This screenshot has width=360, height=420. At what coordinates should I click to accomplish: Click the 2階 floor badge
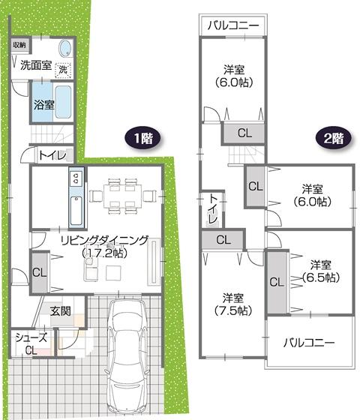click(x=334, y=138)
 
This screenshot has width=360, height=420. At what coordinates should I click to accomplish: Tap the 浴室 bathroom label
click(x=43, y=105)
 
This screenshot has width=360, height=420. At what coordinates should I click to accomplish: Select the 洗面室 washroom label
click(x=35, y=65)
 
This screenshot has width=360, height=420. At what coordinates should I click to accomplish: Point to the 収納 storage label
click(x=19, y=44)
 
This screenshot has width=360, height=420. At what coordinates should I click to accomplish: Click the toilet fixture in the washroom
click(x=64, y=49)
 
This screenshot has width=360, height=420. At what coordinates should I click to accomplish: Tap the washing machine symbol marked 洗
click(x=64, y=70)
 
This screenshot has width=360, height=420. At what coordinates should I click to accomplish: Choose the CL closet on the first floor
click(x=38, y=272)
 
